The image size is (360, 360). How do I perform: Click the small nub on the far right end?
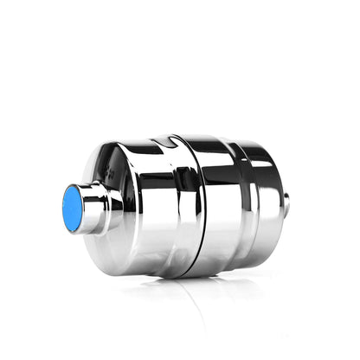[286, 204]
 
